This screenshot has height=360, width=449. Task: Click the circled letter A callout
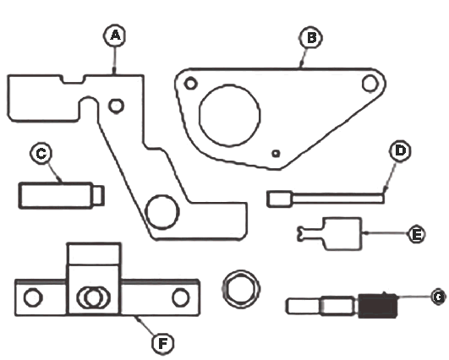tap(115, 35)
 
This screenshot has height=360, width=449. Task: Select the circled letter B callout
tap(311, 38)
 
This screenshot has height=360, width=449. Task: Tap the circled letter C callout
tap(41, 154)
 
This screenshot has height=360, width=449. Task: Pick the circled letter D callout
tap(400, 150)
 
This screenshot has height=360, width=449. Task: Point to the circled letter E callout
tap(416, 234)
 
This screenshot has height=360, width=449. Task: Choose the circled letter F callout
tap(163, 343)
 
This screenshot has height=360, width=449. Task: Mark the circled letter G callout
tap(439, 297)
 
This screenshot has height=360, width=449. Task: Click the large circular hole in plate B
tap(229, 115)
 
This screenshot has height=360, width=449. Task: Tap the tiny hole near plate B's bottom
tap(276, 154)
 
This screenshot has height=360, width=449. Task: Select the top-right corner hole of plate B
tap(370, 84)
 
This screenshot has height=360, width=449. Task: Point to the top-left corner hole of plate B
tap(191, 84)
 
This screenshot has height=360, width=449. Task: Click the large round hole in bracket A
tap(162, 212)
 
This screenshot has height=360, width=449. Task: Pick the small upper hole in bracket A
tap(116, 106)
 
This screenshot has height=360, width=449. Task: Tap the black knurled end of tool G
tap(377, 306)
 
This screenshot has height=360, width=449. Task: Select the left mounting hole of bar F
tap(33, 297)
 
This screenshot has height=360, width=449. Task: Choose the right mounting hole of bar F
tap(181, 297)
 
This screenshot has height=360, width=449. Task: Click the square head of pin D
tap(280, 199)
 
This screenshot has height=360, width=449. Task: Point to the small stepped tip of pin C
tap(98, 195)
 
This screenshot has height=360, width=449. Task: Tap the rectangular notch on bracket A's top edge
tap(73, 79)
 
